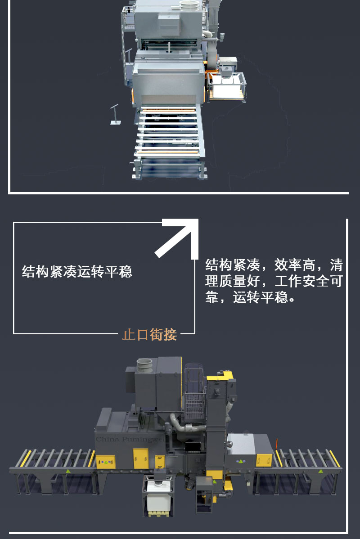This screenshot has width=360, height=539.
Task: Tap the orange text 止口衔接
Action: pos(149,334)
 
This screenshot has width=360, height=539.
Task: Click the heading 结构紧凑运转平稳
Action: pos(77,272)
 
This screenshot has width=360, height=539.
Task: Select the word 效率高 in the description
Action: pos(295,265)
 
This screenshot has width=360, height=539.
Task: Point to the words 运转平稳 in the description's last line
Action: pos(260,297)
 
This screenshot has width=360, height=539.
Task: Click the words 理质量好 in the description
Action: pos(233,281)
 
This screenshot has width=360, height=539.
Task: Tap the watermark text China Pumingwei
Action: pos(130,439)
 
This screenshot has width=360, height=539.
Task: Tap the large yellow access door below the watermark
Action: pos(141,458)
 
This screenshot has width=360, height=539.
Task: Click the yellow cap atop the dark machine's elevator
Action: pos(220,375)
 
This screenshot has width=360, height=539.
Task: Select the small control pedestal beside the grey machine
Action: pos(115,114)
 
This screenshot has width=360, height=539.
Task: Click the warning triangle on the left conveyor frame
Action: pos(68,471)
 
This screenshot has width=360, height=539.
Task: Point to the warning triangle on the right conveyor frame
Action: pos(321,471)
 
